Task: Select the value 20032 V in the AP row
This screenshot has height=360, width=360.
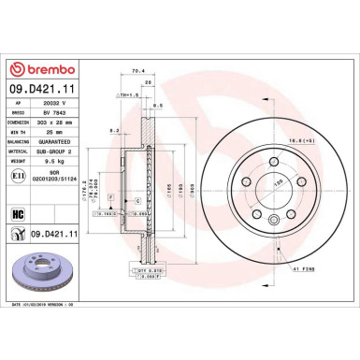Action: point(49,106)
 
